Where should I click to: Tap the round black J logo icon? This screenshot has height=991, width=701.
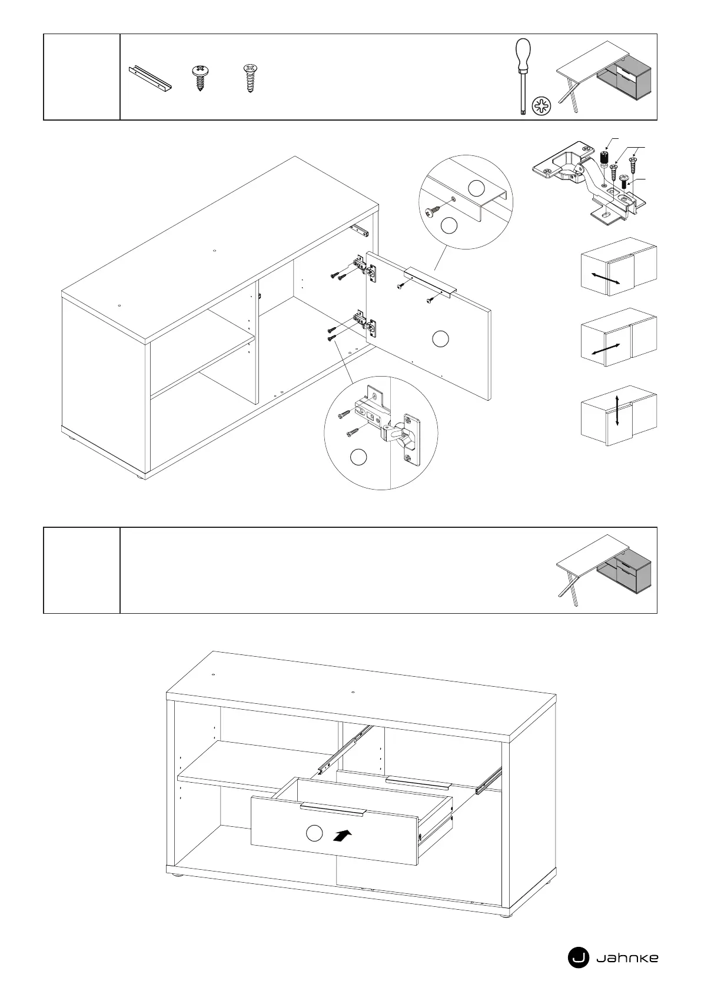578,958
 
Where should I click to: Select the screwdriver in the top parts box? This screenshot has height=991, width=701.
521,77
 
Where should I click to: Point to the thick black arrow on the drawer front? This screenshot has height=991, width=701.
344,835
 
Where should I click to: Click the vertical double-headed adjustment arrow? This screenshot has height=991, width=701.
616,411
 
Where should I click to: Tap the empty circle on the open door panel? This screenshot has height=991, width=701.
440,338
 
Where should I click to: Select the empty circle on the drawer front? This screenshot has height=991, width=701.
315,833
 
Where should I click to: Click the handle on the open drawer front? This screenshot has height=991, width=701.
333,808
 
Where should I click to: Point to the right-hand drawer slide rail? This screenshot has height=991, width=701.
489,780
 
